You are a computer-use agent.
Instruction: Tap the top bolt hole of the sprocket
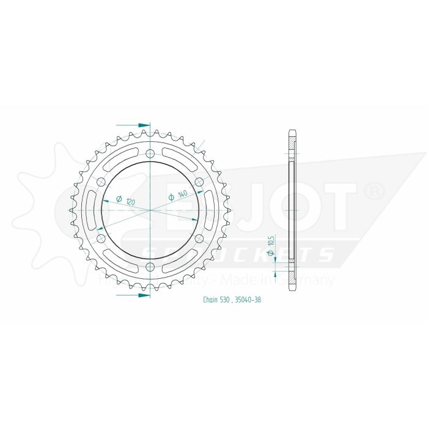(x=151, y=153)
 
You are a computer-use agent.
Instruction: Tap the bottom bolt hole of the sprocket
(x=151, y=267)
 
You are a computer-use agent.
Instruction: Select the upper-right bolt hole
(x=200, y=182)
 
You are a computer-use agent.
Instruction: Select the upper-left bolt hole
(x=101, y=182)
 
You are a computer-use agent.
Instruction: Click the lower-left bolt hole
(x=101, y=238)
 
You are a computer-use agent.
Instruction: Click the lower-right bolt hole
(x=200, y=238)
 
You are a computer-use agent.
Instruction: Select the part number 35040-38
(x=249, y=300)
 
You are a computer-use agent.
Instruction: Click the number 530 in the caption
(x=229, y=300)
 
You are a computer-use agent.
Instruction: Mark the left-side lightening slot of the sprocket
(x=90, y=210)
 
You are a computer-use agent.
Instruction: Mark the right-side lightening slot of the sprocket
(x=211, y=210)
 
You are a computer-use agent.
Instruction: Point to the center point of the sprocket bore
(x=151, y=210)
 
